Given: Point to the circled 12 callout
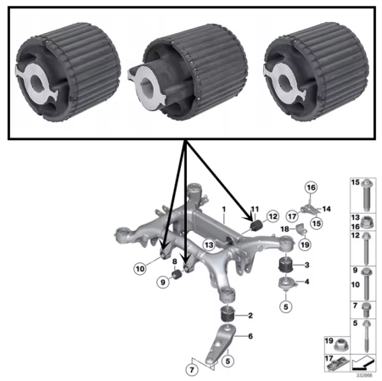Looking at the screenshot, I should (x=272, y=216).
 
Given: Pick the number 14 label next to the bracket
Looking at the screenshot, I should (x=326, y=208).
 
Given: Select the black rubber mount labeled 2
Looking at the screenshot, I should (x=227, y=317).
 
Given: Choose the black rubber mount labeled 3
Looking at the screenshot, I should (x=284, y=266).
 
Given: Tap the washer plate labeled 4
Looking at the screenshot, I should (x=284, y=283).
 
